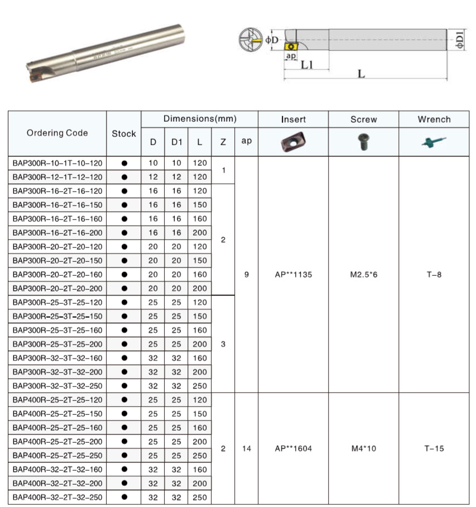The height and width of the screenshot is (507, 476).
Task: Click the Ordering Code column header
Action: pos(57,133)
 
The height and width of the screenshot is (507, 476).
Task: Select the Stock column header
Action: pos(124,133)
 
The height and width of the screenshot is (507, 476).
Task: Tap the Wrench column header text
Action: pos(434,119)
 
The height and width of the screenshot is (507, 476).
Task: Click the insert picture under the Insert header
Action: pos(293,142)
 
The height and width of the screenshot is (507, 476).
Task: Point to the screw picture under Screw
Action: pos(363,142)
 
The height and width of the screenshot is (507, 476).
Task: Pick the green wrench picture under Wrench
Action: pos(434,142)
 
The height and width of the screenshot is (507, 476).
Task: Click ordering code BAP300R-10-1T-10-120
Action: pos(57,163)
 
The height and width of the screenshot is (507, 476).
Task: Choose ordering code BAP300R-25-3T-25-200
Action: pos(57,345)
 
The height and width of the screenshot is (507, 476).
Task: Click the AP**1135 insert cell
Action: pos(293,275)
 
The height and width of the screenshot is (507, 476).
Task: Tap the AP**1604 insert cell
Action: pos(293,448)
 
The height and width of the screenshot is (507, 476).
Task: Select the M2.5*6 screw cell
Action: pos(363,275)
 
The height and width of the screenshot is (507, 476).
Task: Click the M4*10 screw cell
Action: pos(363,448)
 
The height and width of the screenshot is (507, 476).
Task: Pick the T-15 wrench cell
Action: pos(434,448)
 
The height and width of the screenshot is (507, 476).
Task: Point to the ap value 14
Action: pos(247,448)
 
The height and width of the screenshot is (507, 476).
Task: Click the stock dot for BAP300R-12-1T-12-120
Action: pos(124,177)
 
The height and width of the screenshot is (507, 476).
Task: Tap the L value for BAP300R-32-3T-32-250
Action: pos(200,386)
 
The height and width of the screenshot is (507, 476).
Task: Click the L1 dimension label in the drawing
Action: pos(306,65)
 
